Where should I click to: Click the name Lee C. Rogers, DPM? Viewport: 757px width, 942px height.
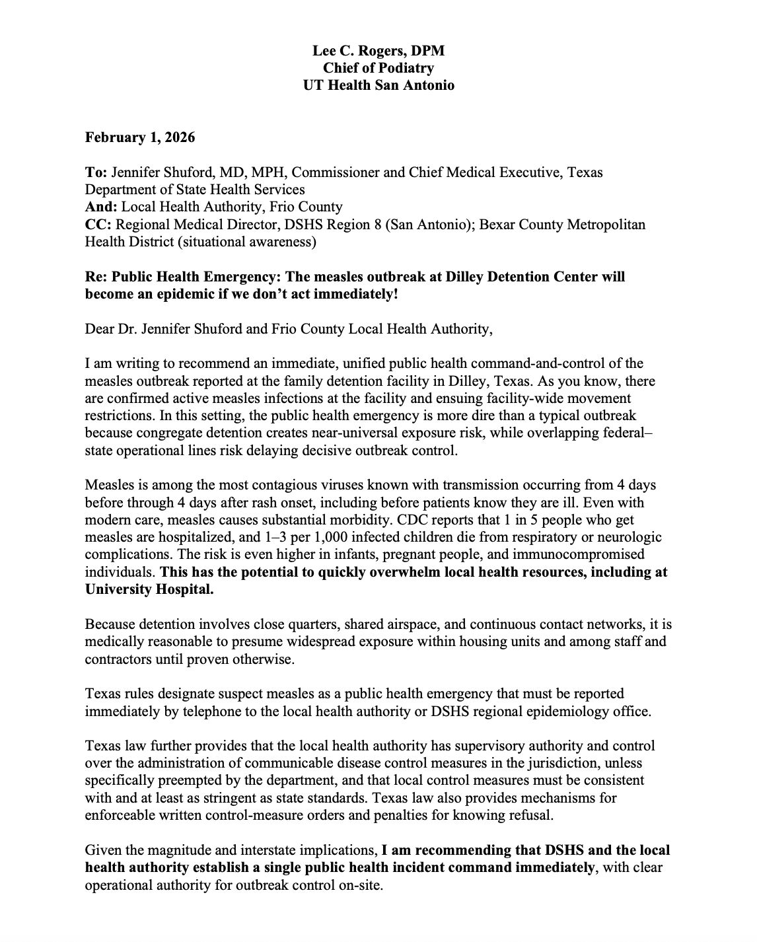[x=378, y=51]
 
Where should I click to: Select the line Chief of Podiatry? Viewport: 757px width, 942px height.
[x=378, y=68]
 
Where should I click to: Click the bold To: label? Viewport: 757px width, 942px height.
[x=96, y=172]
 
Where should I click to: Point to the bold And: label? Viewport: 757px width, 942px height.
[x=101, y=207]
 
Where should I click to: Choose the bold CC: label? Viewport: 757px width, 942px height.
[x=97, y=225]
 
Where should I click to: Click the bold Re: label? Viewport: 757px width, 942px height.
[x=96, y=276]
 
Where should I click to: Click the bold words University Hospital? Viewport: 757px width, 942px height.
[x=149, y=589]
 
